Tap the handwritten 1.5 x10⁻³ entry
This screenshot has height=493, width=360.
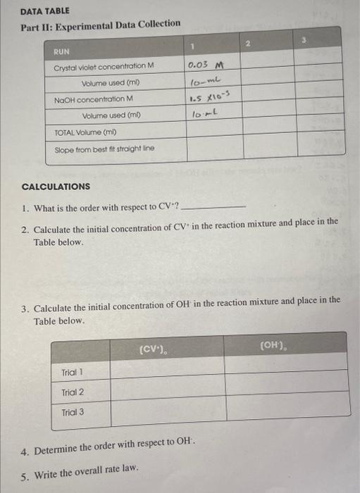209,99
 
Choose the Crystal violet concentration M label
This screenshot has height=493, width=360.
104,66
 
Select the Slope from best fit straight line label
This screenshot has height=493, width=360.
105,149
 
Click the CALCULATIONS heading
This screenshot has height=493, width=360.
56,187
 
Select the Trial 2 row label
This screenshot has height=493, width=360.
73,392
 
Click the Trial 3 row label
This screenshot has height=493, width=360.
73,412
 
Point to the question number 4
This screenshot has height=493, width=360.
25,450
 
